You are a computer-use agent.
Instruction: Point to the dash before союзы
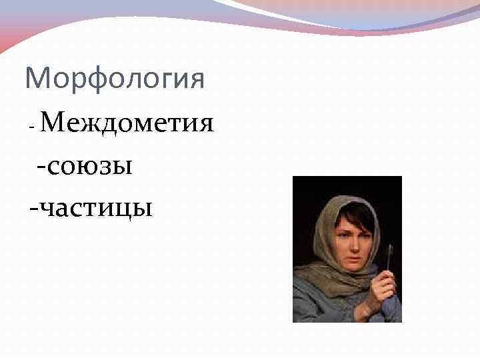pos(43,166)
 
